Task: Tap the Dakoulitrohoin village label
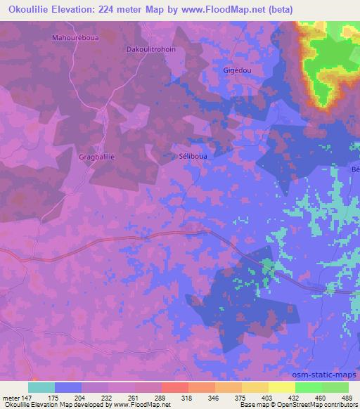[x=150, y=50]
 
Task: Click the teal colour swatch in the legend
[x=41, y=387]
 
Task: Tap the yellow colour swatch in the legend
[x=281, y=387]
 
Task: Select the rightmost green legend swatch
[x=335, y=387]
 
